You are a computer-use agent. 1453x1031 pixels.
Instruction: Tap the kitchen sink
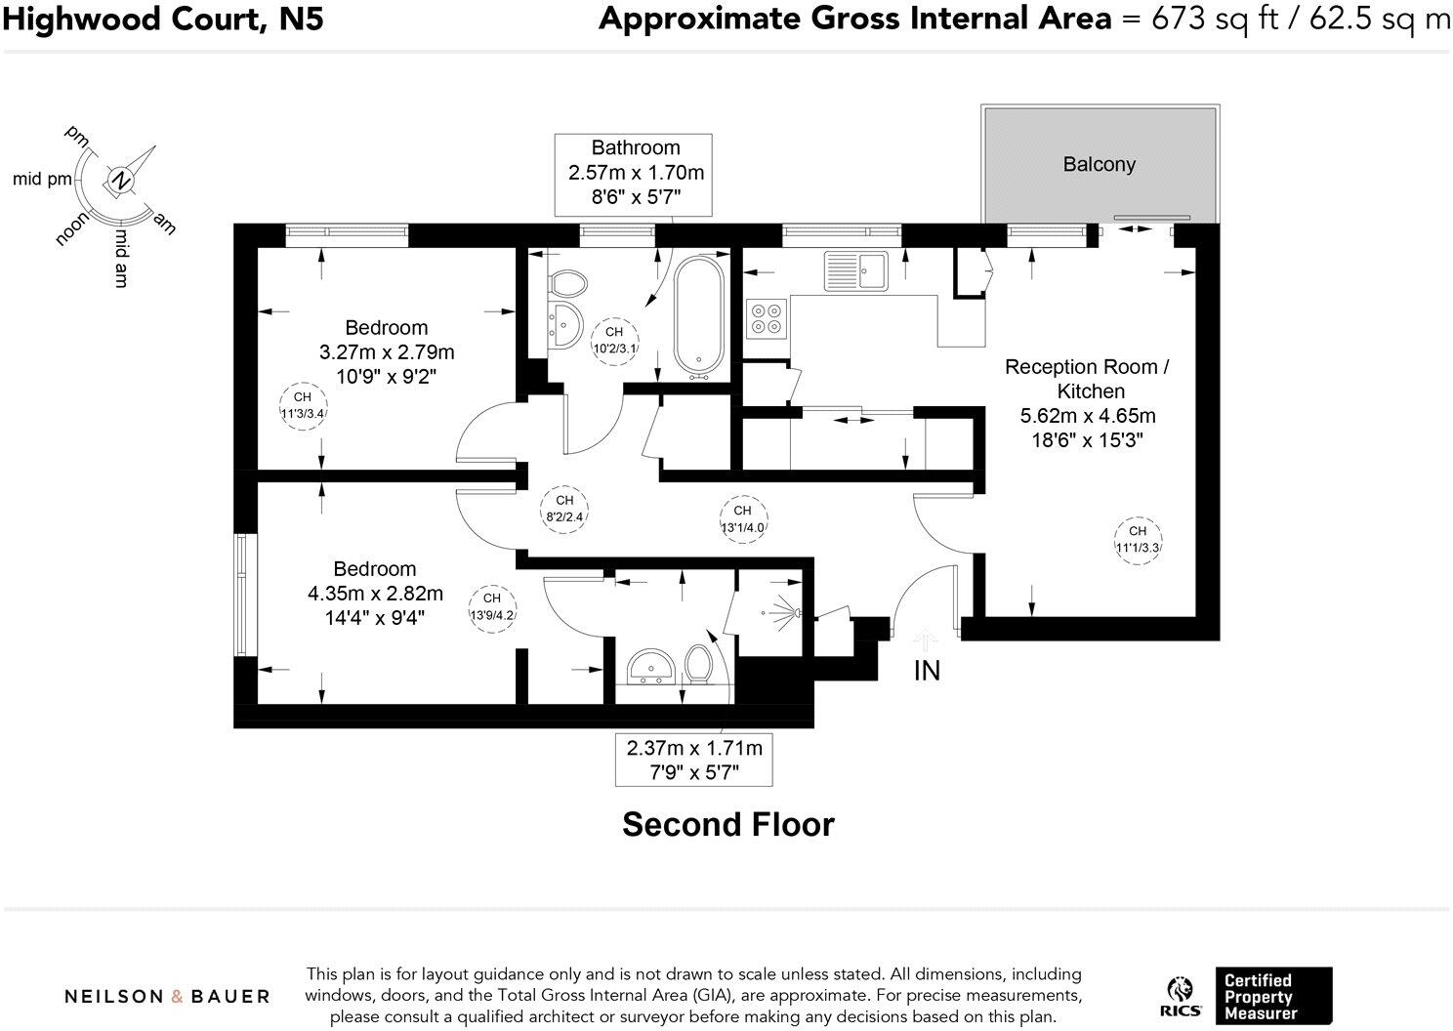855,271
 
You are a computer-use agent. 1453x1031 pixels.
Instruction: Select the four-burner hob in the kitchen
767,317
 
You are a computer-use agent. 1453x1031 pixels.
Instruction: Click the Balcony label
1099,164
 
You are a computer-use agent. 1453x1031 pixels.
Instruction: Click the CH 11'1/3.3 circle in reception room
1138,539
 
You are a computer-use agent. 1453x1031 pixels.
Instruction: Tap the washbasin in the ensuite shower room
650,667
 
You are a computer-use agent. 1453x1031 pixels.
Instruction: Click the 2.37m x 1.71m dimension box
694,759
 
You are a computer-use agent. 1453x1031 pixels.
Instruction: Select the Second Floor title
727,824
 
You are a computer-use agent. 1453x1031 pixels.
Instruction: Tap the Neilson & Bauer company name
167,997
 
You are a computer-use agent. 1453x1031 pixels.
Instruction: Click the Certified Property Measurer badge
1272,996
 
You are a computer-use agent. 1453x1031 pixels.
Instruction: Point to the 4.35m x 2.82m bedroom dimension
375,594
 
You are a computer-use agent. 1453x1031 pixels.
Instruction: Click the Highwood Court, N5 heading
162,19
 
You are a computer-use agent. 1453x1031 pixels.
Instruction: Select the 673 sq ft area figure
1215,19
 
